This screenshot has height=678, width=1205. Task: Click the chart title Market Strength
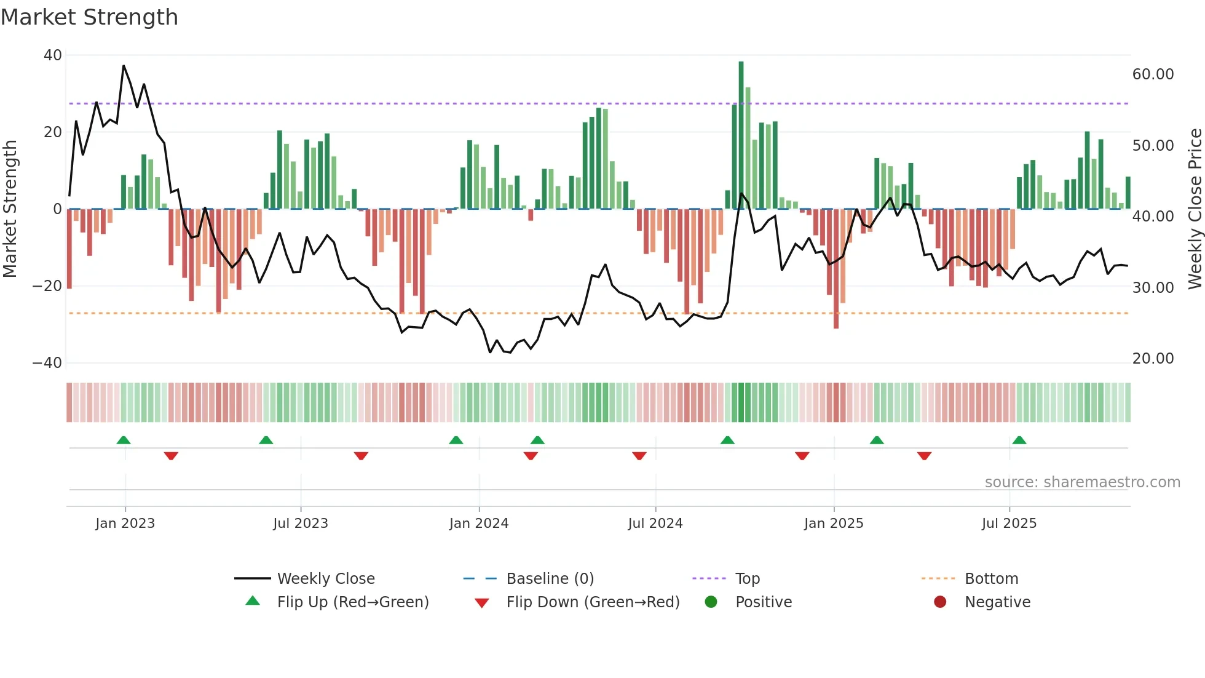click(x=89, y=17)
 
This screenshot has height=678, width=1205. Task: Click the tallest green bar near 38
click(x=741, y=135)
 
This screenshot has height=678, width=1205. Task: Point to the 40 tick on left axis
click(x=53, y=55)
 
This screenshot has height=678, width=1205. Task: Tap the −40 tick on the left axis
click(x=48, y=363)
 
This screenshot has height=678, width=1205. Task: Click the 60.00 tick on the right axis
click(x=1153, y=74)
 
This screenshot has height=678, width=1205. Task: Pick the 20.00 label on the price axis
click(x=1153, y=359)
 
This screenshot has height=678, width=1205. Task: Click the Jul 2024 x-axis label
click(x=655, y=524)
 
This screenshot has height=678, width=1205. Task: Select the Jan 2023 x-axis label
click(x=125, y=524)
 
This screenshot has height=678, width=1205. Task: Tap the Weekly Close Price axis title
click(x=1195, y=209)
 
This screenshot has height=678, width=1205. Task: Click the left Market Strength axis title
click(x=10, y=209)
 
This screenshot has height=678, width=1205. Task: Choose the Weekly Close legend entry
click(x=325, y=579)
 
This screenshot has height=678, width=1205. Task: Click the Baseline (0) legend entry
click(x=550, y=579)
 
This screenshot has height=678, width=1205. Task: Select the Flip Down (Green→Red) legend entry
click(x=592, y=602)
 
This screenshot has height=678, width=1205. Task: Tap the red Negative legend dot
click(x=940, y=602)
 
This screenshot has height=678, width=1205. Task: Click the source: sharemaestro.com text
click(x=1082, y=482)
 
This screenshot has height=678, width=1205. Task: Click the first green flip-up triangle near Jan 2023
click(x=124, y=441)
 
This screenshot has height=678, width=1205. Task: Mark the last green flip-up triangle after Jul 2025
click(x=1019, y=441)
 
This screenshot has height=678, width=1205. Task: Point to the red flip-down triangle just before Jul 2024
click(x=639, y=456)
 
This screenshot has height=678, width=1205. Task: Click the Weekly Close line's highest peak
click(x=124, y=65)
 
